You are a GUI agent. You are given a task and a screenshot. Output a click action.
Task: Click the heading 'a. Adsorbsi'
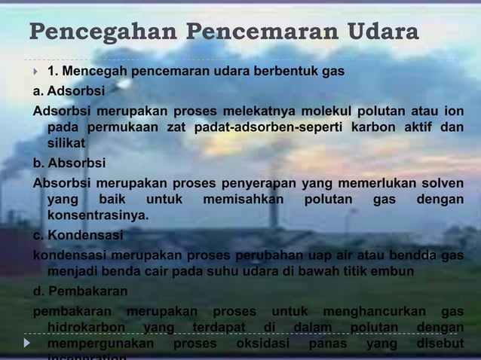(x=69, y=91)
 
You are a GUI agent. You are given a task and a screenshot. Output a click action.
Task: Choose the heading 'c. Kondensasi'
(x=78, y=235)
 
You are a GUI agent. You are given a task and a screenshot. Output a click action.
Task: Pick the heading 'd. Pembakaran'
(x=80, y=291)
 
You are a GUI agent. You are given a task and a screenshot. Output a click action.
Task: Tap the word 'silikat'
(x=66, y=143)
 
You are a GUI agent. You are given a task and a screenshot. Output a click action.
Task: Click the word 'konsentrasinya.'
(x=98, y=217)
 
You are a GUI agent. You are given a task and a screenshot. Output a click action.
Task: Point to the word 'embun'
(x=394, y=271)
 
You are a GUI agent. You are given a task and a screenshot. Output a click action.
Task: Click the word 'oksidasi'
(x=262, y=343)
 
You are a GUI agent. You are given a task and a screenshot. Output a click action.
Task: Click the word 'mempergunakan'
(x=100, y=343)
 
